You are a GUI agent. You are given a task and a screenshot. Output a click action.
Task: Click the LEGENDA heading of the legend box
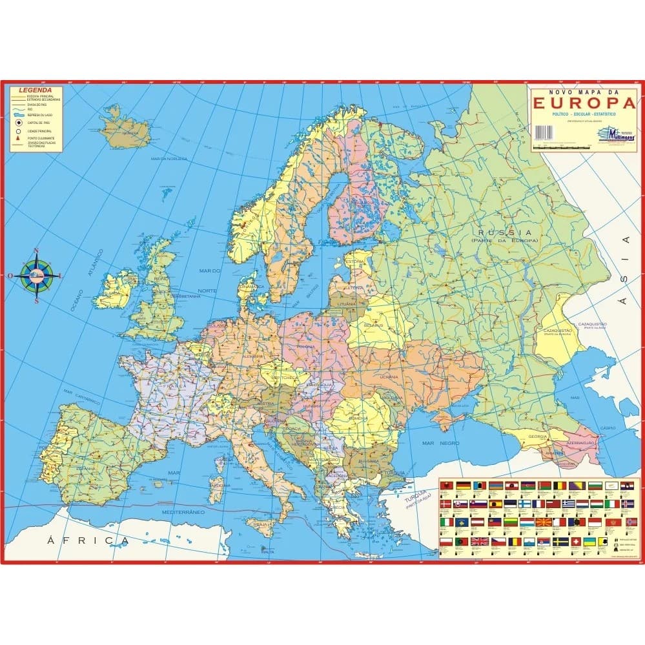(32, 90)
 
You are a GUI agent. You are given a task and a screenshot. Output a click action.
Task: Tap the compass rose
(37, 274)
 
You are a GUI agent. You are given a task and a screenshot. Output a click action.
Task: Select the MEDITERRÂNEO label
(183, 511)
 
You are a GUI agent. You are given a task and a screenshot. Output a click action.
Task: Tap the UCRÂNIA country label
(389, 376)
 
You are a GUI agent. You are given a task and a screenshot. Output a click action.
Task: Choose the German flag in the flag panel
(462, 485)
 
